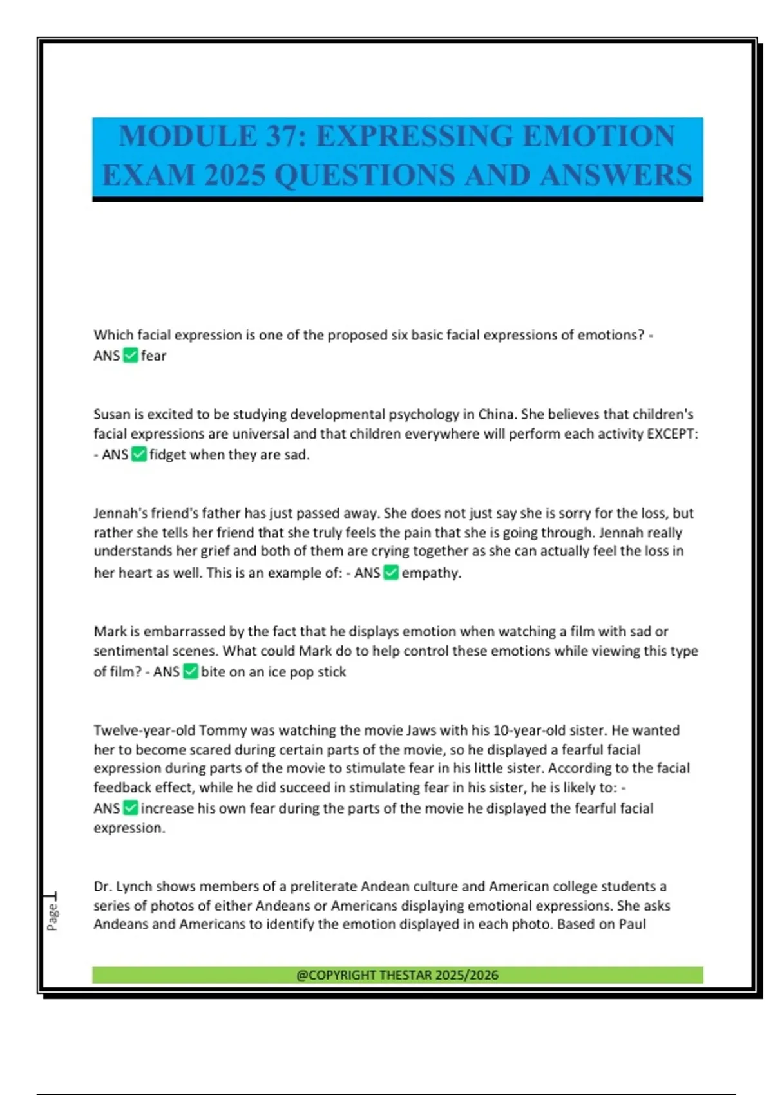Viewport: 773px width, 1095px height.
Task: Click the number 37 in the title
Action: [282, 137]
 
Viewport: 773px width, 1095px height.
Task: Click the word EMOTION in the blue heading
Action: [598, 137]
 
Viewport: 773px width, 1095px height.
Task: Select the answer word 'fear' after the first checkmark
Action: [154, 356]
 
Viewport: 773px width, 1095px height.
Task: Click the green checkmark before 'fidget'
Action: [138, 454]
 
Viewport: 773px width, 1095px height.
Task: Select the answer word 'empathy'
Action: [430, 573]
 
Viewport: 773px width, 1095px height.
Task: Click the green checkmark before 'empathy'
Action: [391, 573]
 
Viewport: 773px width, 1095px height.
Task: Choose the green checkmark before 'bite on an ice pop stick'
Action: [190, 671]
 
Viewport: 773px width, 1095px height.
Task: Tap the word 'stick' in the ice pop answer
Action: [332, 671]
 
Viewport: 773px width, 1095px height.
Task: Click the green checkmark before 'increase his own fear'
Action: [130, 808]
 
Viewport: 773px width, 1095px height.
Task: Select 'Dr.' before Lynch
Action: [103, 886]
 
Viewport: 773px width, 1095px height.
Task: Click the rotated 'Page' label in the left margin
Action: [52, 917]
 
